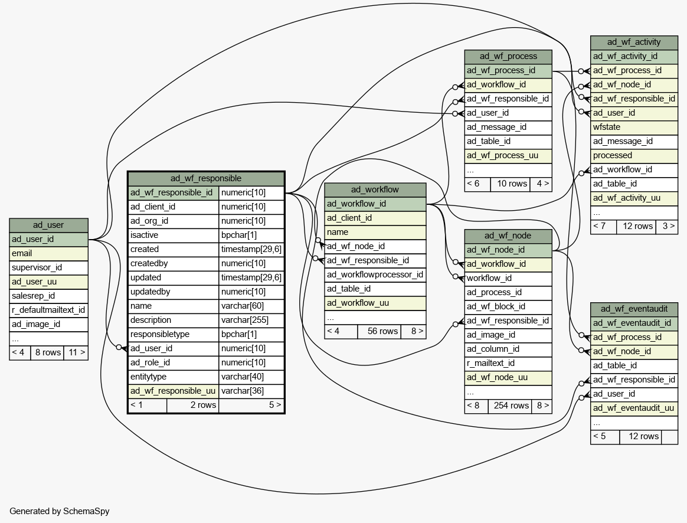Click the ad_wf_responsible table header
(x=206, y=178)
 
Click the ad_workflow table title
(x=375, y=189)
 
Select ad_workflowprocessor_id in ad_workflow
(x=375, y=274)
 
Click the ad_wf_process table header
(x=508, y=57)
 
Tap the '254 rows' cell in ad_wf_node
(x=510, y=406)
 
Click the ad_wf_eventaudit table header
(x=634, y=309)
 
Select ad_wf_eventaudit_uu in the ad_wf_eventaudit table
(x=634, y=408)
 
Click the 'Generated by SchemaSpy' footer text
(x=60, y=511)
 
